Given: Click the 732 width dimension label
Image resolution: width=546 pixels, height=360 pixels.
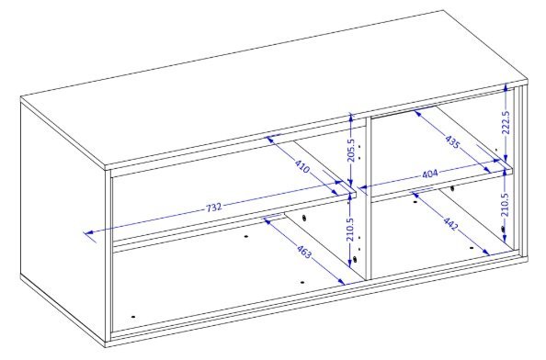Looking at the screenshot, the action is click(214, 208).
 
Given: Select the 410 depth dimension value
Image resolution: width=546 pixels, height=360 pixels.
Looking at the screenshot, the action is click(301, 166).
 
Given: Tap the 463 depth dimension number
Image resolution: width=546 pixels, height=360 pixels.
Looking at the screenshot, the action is click(303, 252).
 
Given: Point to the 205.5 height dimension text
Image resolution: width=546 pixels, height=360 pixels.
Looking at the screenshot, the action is click(350, 150).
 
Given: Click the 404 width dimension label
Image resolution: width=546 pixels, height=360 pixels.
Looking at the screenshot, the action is click(429, 174).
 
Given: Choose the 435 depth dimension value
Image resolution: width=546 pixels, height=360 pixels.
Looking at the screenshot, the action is click(452, 141).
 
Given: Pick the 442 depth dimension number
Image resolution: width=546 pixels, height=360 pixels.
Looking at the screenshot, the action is click(450, 223).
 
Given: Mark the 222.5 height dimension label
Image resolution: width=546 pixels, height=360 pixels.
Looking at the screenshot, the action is click(506, 122).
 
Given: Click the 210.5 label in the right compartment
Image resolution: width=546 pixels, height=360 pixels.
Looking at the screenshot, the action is click(506, 204).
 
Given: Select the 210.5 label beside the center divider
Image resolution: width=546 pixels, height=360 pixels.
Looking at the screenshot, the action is click(350, 230).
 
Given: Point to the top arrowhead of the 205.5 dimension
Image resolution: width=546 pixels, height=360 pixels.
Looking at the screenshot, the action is click(351, 118).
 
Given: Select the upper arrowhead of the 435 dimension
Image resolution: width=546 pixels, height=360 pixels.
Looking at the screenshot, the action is click(417, 113).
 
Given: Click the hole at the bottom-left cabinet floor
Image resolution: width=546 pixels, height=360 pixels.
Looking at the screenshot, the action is click(133, 317).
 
